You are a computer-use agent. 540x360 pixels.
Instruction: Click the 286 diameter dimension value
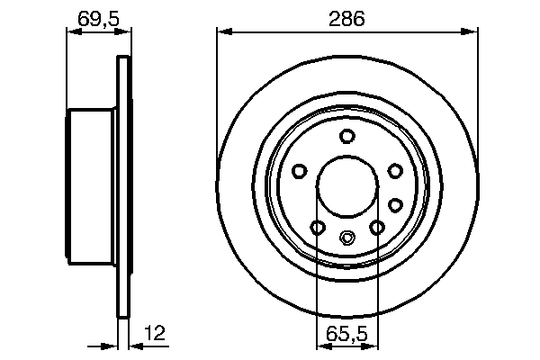coord(346,19)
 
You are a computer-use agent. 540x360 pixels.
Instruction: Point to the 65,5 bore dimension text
coord(346,333)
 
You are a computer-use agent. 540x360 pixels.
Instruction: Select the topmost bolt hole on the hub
coord(346,136)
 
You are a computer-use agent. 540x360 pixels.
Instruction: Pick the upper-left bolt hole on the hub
coord(300,169)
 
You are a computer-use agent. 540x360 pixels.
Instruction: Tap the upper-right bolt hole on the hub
coord(394,169)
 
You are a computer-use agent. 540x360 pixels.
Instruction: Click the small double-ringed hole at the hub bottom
coord(346,238)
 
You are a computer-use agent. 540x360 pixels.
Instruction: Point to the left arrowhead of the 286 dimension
coord(221,31)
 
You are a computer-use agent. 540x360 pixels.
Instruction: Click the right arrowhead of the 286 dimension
coord(472,31)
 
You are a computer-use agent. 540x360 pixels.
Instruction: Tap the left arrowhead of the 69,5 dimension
coord(72,31)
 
